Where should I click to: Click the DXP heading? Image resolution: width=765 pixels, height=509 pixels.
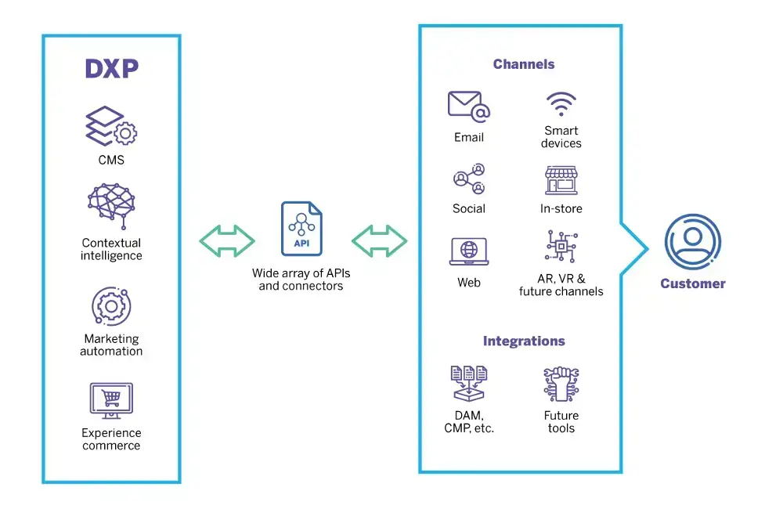click(x=112, y=68)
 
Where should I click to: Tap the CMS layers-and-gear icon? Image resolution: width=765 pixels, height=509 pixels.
click(x=111, y=126)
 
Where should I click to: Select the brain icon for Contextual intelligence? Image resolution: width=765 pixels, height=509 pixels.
click(x=111, y=206)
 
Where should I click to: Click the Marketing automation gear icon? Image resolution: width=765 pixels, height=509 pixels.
click(x=111, y=306)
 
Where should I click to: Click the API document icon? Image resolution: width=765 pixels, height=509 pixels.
click(x=301, y=229)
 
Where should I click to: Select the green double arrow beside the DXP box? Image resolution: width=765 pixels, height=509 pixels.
click(x=227, y=240)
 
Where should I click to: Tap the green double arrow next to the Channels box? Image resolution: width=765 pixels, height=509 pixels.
click(x=379, y=240)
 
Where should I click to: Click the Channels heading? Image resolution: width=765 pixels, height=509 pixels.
click(x=524, y=64)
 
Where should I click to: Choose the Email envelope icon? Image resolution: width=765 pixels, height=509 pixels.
click(x=468, y=106)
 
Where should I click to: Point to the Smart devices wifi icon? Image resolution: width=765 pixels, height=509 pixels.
click(x=561, y=103)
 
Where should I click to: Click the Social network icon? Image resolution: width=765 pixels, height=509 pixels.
click(x=469, y=179)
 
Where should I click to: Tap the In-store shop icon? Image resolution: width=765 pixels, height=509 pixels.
click(x=561, y=180)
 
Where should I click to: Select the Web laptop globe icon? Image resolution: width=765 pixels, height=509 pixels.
click(x=469, y=251)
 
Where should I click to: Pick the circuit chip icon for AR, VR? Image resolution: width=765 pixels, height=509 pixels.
click(x=561, y=247)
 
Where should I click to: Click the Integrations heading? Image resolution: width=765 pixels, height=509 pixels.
click(x=524, y=341)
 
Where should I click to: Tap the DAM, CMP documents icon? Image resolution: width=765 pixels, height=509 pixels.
click(x=469, y=384)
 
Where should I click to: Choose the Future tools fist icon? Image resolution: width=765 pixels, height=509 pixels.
click(x=561, y=384)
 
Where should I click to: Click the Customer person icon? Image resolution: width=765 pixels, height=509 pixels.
click(x=693, y=242)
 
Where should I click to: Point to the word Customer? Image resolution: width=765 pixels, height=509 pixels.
click(x=693, y=283)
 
